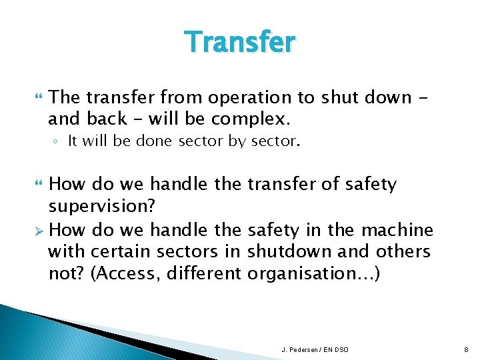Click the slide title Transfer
click(240, 42)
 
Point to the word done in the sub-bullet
click(156, 141)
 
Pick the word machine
click(397, 231)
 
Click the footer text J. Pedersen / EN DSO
click(315, 349)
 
